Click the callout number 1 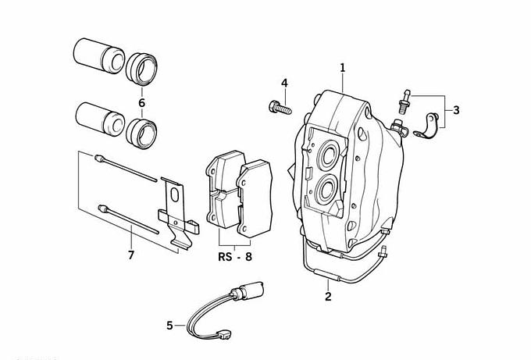(342, 69)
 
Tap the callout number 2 (328, 296)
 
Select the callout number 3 (456, 110)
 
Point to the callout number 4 (284, 83)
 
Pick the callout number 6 (141, 102)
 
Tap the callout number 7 (130, 255)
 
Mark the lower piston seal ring (142, 129)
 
